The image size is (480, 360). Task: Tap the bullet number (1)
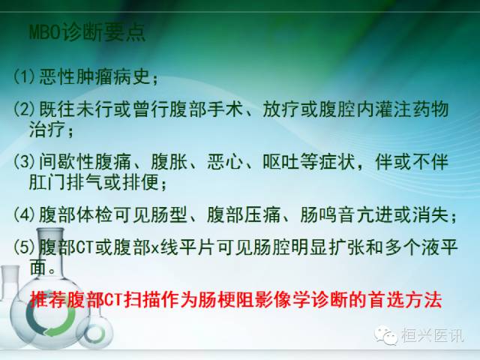[x=25, y=77]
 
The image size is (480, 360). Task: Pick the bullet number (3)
[x=25, y=161]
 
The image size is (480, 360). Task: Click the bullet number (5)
[x=25, y=247]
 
